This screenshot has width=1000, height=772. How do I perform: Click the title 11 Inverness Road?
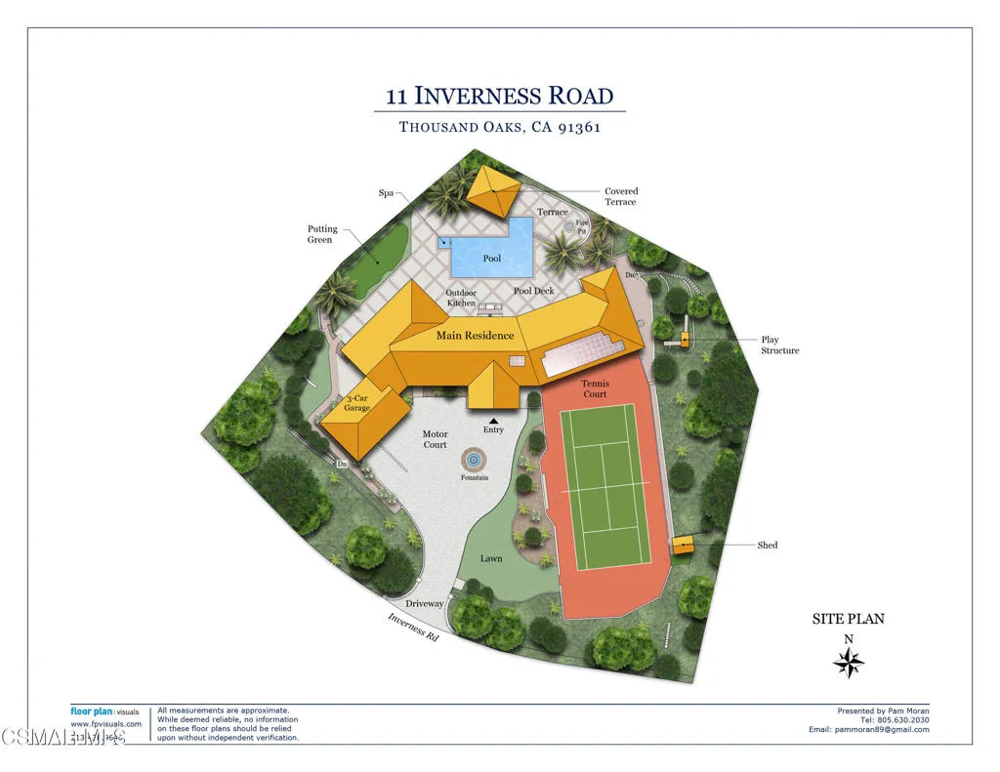[500, 96]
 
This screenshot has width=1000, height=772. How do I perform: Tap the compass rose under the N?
[849, 664]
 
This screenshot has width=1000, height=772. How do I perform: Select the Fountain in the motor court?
[475, 458]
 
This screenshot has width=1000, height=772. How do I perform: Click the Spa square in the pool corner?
[445, 242]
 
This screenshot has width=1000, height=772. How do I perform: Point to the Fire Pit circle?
[570, 226]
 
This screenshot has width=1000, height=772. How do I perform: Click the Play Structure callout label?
[779, 345]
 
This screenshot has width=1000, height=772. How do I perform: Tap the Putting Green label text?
[322, 234]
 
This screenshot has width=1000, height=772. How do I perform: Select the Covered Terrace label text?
[620, 196]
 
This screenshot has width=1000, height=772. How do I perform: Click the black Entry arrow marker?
[493, 420]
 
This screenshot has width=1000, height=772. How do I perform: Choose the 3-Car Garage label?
[357, 403]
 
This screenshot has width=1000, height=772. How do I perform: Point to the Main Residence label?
[475, 336]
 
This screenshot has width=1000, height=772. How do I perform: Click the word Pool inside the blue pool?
[492, 259]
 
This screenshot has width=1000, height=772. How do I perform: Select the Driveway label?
[425, 603]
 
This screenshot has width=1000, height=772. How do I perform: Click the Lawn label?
[491, 558]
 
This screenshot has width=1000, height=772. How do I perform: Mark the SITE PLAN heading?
[849, 619]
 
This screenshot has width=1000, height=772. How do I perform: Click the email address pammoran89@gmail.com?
[868, 729]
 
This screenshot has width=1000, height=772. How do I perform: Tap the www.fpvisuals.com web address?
[105, 723]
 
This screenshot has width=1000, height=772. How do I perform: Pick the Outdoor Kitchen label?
[461, 298]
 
